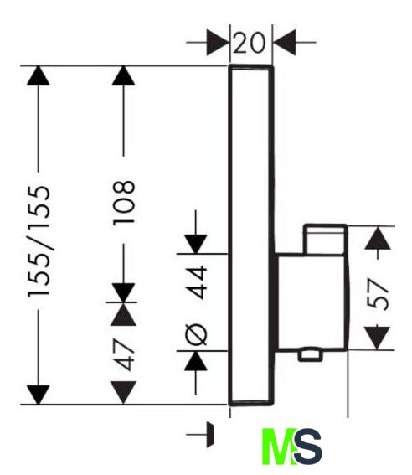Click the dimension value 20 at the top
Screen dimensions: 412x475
click(x=250, y=43)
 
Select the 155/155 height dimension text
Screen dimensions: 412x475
click(x=39, y=241)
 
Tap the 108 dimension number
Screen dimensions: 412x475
click(x=123, y=203)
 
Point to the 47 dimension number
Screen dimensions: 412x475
click(x=124, y=354)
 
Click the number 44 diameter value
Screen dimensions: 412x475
click(x=196, y=282)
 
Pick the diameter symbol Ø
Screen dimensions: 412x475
click(x=196, y=334)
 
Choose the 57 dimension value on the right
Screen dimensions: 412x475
click(x=377, y=294)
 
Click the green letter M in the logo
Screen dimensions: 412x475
click(x=279, y=447)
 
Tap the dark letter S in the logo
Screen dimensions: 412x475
click(x=308, y=447)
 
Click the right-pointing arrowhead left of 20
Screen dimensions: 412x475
click(x=218, y=43)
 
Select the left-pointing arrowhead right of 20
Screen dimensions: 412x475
click(x=285, y=43)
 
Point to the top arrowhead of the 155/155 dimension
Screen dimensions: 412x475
click(x=39, y=75)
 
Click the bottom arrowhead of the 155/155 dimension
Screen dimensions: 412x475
click(x=39, y=395)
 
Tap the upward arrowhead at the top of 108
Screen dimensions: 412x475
click(x=123, y=75)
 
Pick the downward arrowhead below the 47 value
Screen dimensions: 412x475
click(x=123, y=393)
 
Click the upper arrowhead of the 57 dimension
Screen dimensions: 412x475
click(x=378, y=238)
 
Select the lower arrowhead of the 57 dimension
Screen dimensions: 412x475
click(x=377, y=338)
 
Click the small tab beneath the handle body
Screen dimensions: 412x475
click(x=310, y=355)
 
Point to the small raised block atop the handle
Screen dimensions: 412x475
click(x=326, y=240)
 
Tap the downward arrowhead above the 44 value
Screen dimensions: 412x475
click(x=196, y=244)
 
